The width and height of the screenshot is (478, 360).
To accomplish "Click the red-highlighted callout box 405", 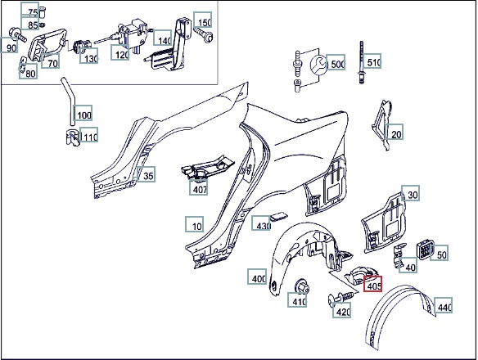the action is click(372, 284).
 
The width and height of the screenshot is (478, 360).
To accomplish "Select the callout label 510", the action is click(372, 61).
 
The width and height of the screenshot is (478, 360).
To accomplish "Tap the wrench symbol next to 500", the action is click(318, 65).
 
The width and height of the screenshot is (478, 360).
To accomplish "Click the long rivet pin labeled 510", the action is click(362, 63).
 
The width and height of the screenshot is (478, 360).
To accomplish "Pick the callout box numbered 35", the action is click(147, 174).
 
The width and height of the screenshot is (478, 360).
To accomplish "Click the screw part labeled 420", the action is click(340, 297).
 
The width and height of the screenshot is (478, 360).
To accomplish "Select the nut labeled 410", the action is click(302, 286).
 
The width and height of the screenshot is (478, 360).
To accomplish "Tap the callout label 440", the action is click(443, 305).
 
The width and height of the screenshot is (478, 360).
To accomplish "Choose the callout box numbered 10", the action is click(195, 224).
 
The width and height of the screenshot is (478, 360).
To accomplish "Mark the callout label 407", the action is click(198, 187).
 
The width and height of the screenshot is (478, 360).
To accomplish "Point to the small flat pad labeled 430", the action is click(278, 217).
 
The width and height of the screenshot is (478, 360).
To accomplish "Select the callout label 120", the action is click(120, 52).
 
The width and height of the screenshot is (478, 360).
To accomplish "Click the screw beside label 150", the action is click(204, 35).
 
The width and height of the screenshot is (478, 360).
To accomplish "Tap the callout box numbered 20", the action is click(394, 132).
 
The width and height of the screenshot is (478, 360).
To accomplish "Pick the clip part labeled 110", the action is click(72, 138).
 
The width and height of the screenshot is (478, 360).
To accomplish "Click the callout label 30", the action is click(410, 193).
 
